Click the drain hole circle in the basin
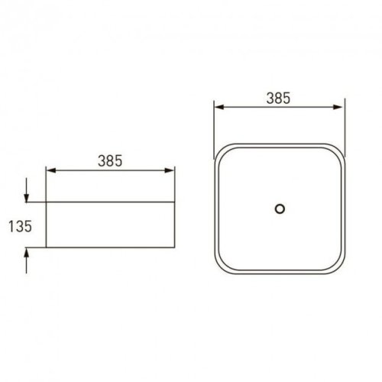280,205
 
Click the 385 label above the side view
110,161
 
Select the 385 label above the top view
278,99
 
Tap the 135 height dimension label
21,226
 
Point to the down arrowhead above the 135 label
27,198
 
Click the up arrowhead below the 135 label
27,252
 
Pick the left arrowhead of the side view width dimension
51,170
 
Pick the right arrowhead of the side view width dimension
170,170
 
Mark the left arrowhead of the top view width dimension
219,107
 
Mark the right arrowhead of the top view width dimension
338,107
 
